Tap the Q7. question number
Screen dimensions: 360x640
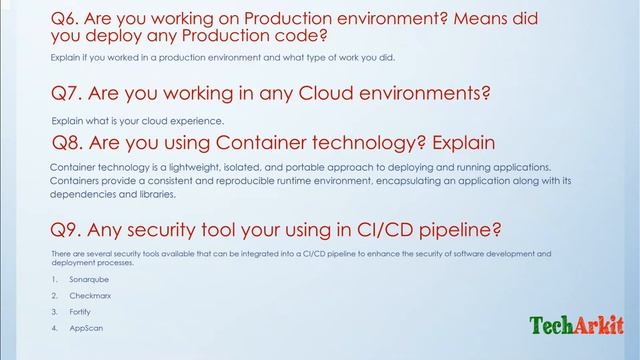(x=69, y=95)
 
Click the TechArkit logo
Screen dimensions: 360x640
(x=576, y=325)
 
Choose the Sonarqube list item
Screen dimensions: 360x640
(x=88, y=279)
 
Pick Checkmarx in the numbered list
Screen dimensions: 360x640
(x=90, y=296)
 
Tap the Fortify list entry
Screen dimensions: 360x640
(x=81, y=312)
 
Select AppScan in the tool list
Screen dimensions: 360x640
(x=85, y=328)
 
